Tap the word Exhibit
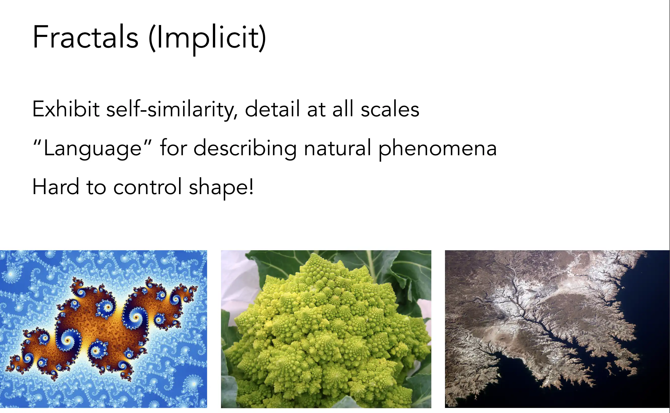tap(66, 109)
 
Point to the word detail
tap(272, 109)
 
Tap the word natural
tap(338, 148)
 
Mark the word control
tap(147, 187)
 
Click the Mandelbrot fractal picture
tap(104, 329)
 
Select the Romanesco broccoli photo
tap(326, 329)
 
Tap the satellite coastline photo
tap(557, 329)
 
